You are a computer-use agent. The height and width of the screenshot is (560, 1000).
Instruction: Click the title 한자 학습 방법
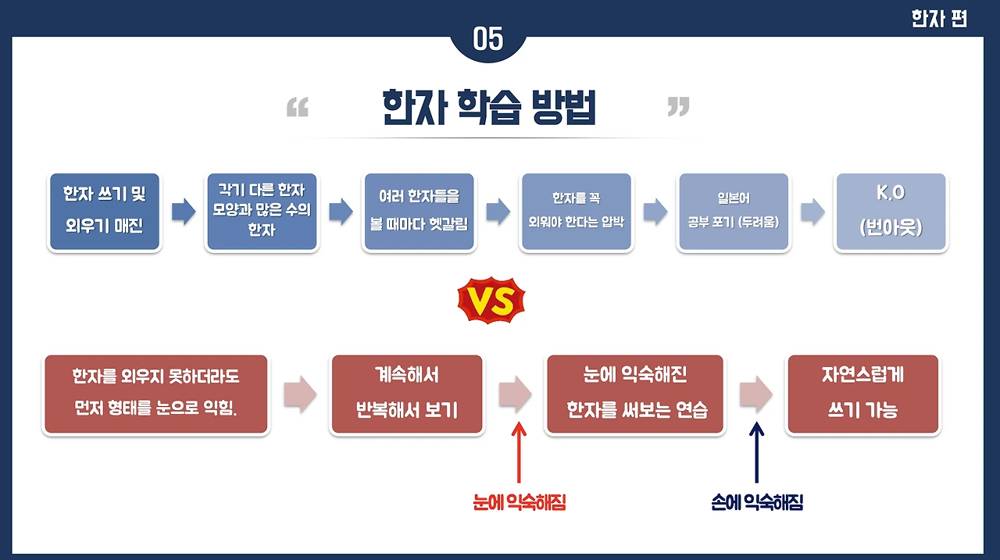[x=488, y=108]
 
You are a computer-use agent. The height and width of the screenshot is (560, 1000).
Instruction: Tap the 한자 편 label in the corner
[x=938, y=19]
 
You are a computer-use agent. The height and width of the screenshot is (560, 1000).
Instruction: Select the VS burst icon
[x=491, y=301]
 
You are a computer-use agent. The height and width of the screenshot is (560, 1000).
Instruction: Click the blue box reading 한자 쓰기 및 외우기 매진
[x=105, y=212]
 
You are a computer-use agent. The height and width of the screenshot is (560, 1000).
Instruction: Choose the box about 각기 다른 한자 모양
[x=262, y=212]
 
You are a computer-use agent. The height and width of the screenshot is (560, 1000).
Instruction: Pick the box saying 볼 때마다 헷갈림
[x=418, y=212]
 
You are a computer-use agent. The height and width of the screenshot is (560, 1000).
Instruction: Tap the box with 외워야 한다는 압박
[x=576, y=212]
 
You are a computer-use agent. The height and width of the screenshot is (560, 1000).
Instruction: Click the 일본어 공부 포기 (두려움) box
[x=733, y=212]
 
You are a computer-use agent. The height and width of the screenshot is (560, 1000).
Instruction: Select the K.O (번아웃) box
[x=891, y=212]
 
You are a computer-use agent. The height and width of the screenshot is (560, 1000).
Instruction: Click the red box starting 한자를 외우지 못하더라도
[x=155, y=394]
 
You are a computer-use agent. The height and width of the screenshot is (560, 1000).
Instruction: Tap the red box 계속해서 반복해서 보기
[x=406, y=394]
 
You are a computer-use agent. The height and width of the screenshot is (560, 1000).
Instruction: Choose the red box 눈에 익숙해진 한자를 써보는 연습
[x=635, y=394]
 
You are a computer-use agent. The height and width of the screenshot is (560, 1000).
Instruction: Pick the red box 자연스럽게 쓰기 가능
[x=863, y=394]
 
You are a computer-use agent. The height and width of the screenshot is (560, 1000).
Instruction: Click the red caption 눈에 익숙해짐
[x=519, y=503]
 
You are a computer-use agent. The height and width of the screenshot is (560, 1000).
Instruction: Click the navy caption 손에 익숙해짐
[x=757, y=503]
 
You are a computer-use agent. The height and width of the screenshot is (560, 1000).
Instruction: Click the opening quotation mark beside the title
[x=298, y=109]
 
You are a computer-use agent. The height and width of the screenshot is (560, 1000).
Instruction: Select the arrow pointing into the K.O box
[x=812, y=212]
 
